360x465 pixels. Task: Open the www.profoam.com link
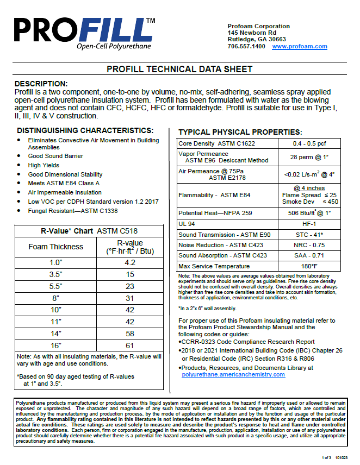click(x=300, y=47)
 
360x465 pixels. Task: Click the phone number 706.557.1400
click(x=246, y=47)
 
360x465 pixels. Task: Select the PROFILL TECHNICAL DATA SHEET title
click(x=179, y=70)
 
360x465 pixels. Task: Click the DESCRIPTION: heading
click(x=41, y=84)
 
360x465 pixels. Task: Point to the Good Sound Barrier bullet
click(x=56, y=156)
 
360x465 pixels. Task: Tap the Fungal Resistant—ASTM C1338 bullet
click(x=73, y=211)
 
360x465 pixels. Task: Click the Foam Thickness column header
click(x=56, y=247)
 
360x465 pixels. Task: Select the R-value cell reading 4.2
click(x=130, y=262)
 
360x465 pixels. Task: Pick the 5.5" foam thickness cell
click(x=56, y=285)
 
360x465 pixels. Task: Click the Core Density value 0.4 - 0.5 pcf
click(x=309, y=143)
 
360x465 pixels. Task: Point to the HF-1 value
click(x=309, y=224)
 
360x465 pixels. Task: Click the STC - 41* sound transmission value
click(x=309, y=235)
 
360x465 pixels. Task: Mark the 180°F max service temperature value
click(x=309, y=266)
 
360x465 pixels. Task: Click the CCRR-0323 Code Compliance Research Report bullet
click(x=249, y=342)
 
